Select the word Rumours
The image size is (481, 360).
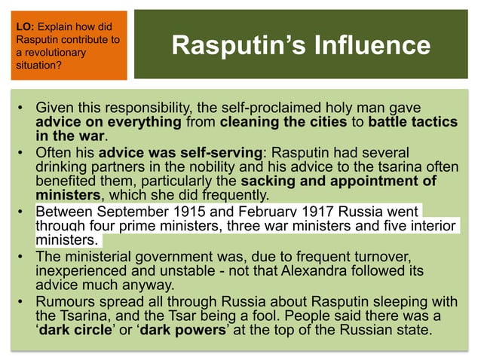click(66, 303)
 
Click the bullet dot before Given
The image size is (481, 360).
click(22, 110)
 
